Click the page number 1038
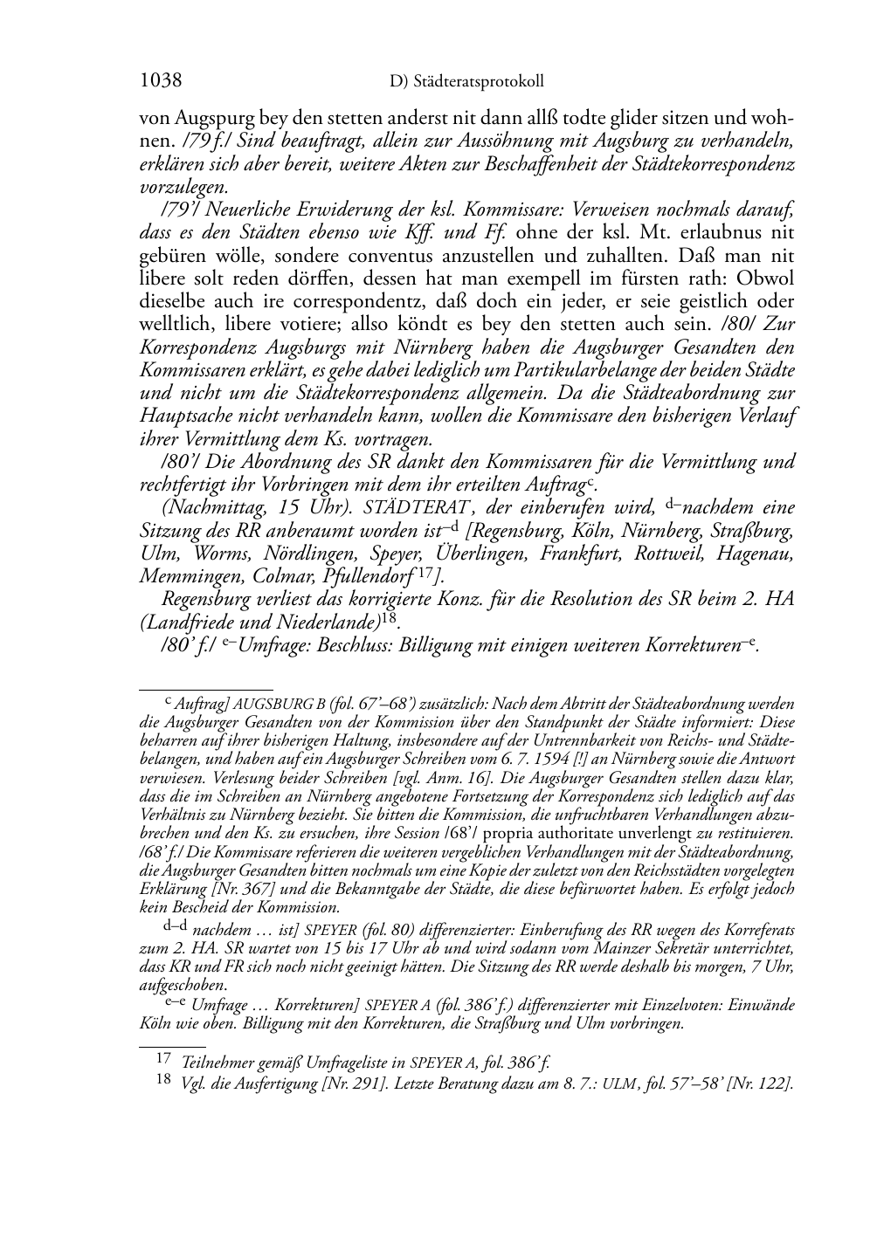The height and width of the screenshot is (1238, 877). (161, 81)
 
